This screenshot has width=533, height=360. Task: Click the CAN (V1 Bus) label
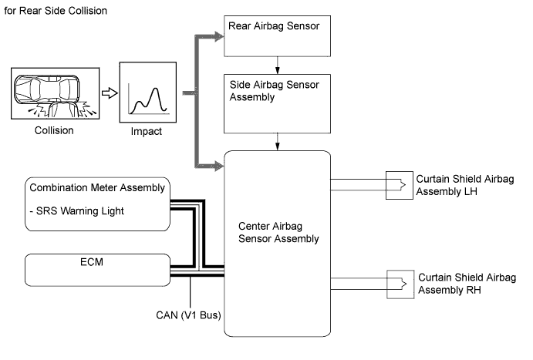(x=190, y=315)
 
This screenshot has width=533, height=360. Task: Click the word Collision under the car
(x=54, y=130)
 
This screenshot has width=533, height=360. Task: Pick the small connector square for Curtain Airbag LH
(x=399, y=184)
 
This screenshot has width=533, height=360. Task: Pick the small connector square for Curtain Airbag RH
(x=399, y=282)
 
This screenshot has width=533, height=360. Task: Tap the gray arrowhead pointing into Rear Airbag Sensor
(x=218, y=35)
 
